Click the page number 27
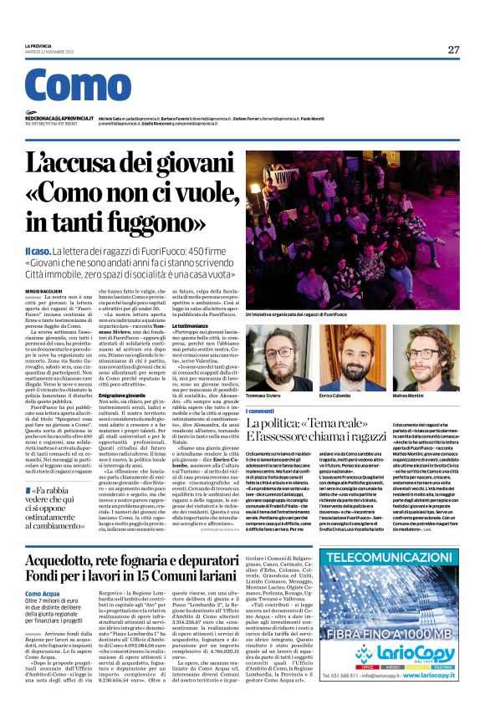[x=453, y=49]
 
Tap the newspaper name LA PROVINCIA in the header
[x=39, y=46]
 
